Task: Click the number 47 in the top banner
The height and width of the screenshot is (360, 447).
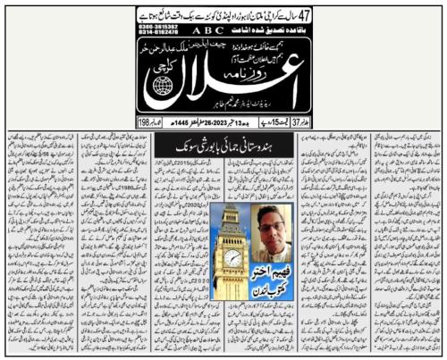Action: [149, 15]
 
